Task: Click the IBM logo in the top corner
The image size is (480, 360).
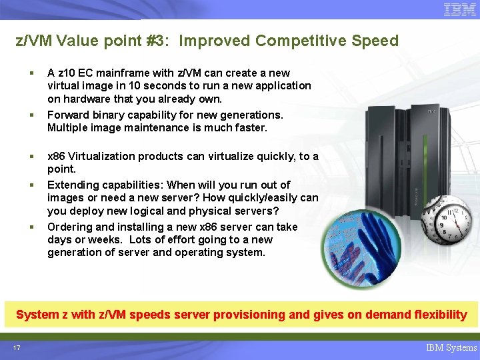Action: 460,10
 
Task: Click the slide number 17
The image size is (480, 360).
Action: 16,347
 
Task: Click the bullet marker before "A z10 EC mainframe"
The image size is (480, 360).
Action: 32,73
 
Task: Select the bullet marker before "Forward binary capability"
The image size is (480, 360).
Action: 32,115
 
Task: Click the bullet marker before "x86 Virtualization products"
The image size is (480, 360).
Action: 32,157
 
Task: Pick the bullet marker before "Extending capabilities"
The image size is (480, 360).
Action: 32,185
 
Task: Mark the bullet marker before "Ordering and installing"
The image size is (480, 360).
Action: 32,227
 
